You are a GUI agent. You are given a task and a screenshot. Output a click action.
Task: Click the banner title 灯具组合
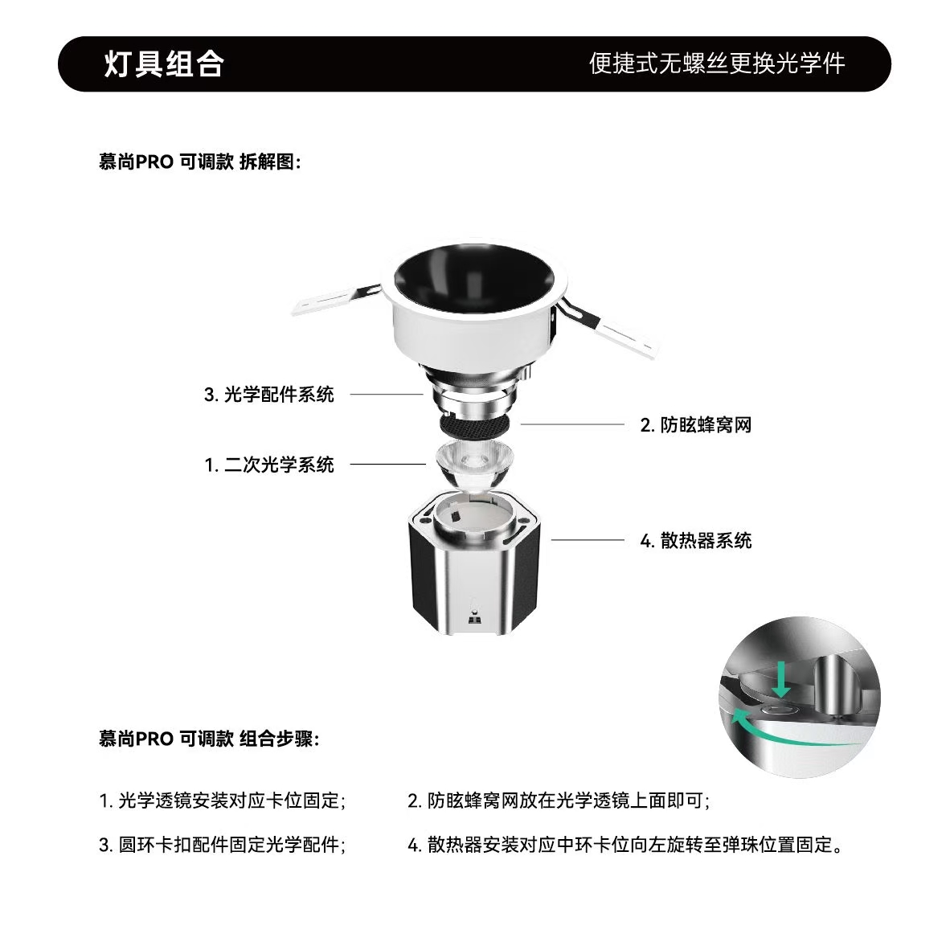coord(164,63)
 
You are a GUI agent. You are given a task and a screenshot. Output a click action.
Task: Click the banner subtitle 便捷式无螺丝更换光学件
coord(717,63)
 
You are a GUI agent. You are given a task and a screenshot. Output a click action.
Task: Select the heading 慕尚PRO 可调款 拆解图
coord(199,162)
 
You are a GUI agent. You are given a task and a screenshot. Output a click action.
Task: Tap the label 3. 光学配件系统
coord(269,395)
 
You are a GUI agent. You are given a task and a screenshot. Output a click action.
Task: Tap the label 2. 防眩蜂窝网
coord(695,424)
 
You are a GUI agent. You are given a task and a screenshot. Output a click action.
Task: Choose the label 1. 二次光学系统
coord(269,465)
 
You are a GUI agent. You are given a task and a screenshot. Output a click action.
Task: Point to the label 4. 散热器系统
coord(695,540)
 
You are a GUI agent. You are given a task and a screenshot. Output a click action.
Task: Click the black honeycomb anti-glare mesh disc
coord(477,424)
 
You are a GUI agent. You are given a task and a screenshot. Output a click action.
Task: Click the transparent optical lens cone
coord(473,465)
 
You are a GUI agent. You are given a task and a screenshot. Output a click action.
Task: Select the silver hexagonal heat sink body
coord(474,563)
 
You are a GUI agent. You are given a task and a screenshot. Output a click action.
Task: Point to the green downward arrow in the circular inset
coord(781,679)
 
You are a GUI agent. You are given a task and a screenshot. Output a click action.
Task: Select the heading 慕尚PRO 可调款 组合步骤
coord(208,739)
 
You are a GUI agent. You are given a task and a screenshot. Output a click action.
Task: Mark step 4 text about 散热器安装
coord(625,844)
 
